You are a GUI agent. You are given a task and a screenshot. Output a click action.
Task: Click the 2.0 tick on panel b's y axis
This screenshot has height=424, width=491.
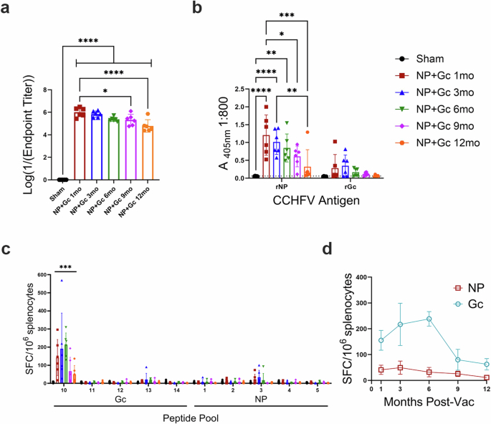point(233,90)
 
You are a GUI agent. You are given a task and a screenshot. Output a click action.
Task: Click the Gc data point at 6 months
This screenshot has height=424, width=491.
point(429,319)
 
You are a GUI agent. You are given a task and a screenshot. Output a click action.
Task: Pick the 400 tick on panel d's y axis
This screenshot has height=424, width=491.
point(362,276)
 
